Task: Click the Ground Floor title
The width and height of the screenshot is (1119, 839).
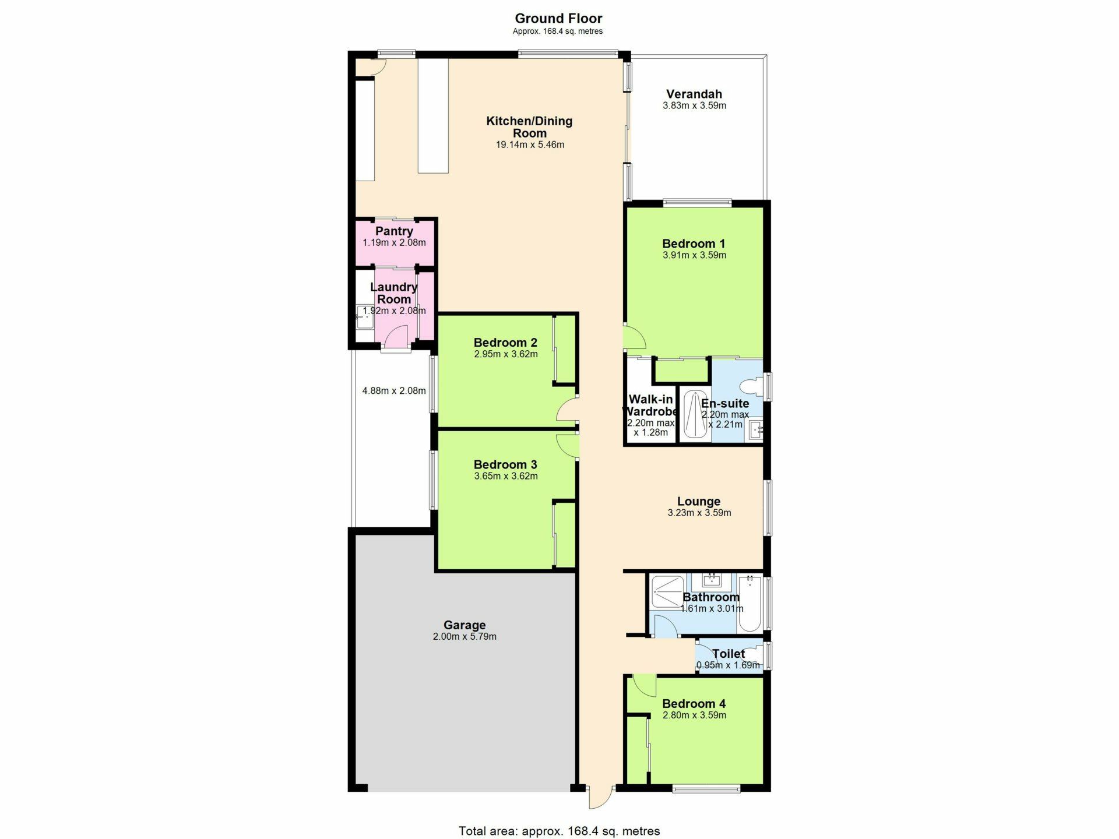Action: pos(558,19)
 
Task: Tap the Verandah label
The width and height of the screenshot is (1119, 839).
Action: pos(694,94)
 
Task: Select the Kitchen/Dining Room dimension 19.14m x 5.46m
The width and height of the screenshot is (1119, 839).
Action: pos(530,144)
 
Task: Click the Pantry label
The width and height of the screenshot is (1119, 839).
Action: pos(394,231)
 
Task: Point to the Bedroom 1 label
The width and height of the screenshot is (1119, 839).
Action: pos(694,244)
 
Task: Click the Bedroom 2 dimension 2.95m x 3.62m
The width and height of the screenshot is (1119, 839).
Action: pos(506,354)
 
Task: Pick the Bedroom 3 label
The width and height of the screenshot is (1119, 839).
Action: pos(505,464)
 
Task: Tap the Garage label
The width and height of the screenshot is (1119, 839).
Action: pos(465,625)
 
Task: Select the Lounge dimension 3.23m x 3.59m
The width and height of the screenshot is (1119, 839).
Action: pos(699,513)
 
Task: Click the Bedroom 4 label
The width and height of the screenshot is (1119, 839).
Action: pos(694,704)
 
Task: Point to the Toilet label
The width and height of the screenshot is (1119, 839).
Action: pos(729,654)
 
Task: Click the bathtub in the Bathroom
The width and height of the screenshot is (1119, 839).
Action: pos(749,604)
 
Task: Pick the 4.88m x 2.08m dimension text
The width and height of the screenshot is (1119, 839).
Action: pos(394,390)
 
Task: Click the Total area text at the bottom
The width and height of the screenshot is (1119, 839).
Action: pos(559,831)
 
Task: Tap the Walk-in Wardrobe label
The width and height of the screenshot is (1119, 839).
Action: pos(650,405)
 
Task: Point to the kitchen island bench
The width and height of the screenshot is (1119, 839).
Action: pos(433,115)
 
